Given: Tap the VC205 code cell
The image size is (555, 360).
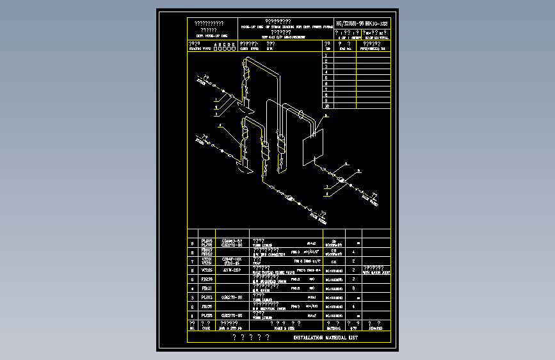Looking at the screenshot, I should pyautogui.click(x=207, y=270).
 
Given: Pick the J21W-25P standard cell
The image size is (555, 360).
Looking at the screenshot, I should pyautogui.click(x=231, y=270).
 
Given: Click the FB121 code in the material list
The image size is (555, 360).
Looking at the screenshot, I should pyautogui.click(x=207, y=288).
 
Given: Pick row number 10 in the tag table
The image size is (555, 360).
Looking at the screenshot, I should pyautogui.click(x=327, y=106).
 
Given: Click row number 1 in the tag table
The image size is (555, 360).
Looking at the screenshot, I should pyautogui.click(x=327, y=55).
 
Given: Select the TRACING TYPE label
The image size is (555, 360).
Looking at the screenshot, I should pyautogui.click(x=202, y=48).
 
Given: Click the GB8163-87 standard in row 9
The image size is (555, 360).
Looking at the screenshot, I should pyautogui.click(x=231, y=241).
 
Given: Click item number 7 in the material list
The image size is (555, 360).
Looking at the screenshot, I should pyautogui.click(x=193, y=261).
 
